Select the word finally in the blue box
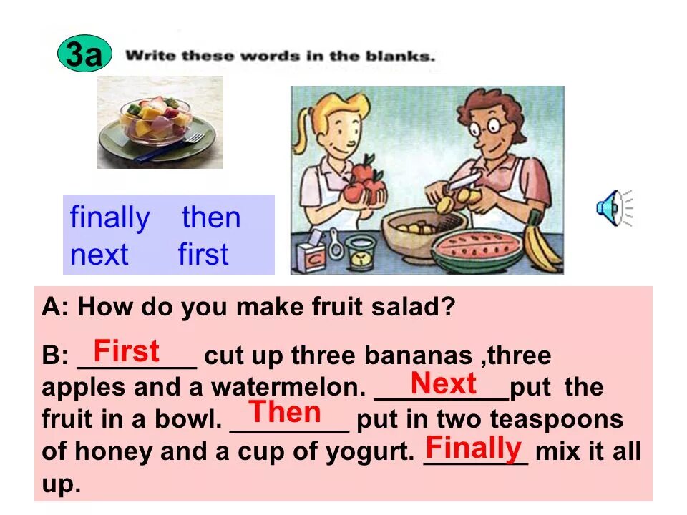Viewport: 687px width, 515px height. [x=110, y=218]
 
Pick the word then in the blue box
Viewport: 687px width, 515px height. [x=211, y=218]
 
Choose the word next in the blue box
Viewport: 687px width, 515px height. [x=99, y=255]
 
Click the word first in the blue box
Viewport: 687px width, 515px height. [x=203, y=255]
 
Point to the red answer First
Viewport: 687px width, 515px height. [x=127, y=351]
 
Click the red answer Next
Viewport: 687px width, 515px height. [x=444, y=384]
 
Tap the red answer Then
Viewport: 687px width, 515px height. [x=285, y=413]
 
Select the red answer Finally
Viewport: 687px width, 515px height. [x=473, y=448]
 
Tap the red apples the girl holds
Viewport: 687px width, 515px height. [x=365, y=182]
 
